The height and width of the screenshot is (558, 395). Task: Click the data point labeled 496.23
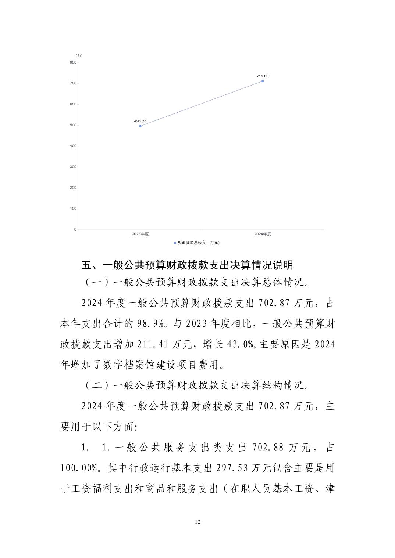coord(140,126)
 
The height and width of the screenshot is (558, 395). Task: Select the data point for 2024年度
coord(263,81)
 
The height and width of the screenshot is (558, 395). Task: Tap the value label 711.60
coord(263,76)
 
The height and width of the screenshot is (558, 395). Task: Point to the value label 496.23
coord(140,121)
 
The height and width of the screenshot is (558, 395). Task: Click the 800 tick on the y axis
coord(73,62)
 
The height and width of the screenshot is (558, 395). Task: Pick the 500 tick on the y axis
coord(73,125)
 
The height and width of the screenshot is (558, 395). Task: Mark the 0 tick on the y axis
coord(75,229)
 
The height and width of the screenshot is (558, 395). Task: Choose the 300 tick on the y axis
coord(73,167)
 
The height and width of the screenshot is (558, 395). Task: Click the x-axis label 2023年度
coord(140,234)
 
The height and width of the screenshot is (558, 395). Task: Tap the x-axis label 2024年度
coord(263,234)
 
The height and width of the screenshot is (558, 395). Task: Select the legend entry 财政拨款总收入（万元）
coord(197,243)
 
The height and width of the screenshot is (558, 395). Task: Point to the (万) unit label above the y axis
coord(79,55)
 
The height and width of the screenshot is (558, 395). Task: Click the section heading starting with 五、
coord(187,265)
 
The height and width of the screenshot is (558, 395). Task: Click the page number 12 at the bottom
coord(198,522)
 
